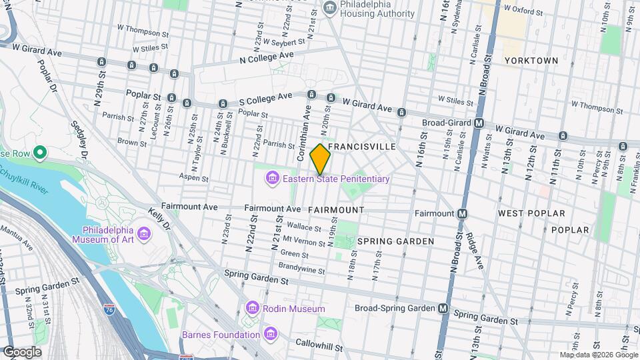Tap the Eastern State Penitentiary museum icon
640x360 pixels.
point(272,179)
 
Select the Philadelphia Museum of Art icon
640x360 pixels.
point(144,234)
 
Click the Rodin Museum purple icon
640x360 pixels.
point(252,309)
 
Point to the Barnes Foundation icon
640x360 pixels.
point(270,335)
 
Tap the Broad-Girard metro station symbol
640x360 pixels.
point(479,123)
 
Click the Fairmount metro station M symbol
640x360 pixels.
point(463,213)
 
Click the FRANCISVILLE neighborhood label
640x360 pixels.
point(362,146)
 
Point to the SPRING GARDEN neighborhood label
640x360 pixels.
point(395,241)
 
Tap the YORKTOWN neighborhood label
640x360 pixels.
point(531,60)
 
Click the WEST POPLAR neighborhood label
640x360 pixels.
point(531,213)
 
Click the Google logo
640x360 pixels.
point(21,351)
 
